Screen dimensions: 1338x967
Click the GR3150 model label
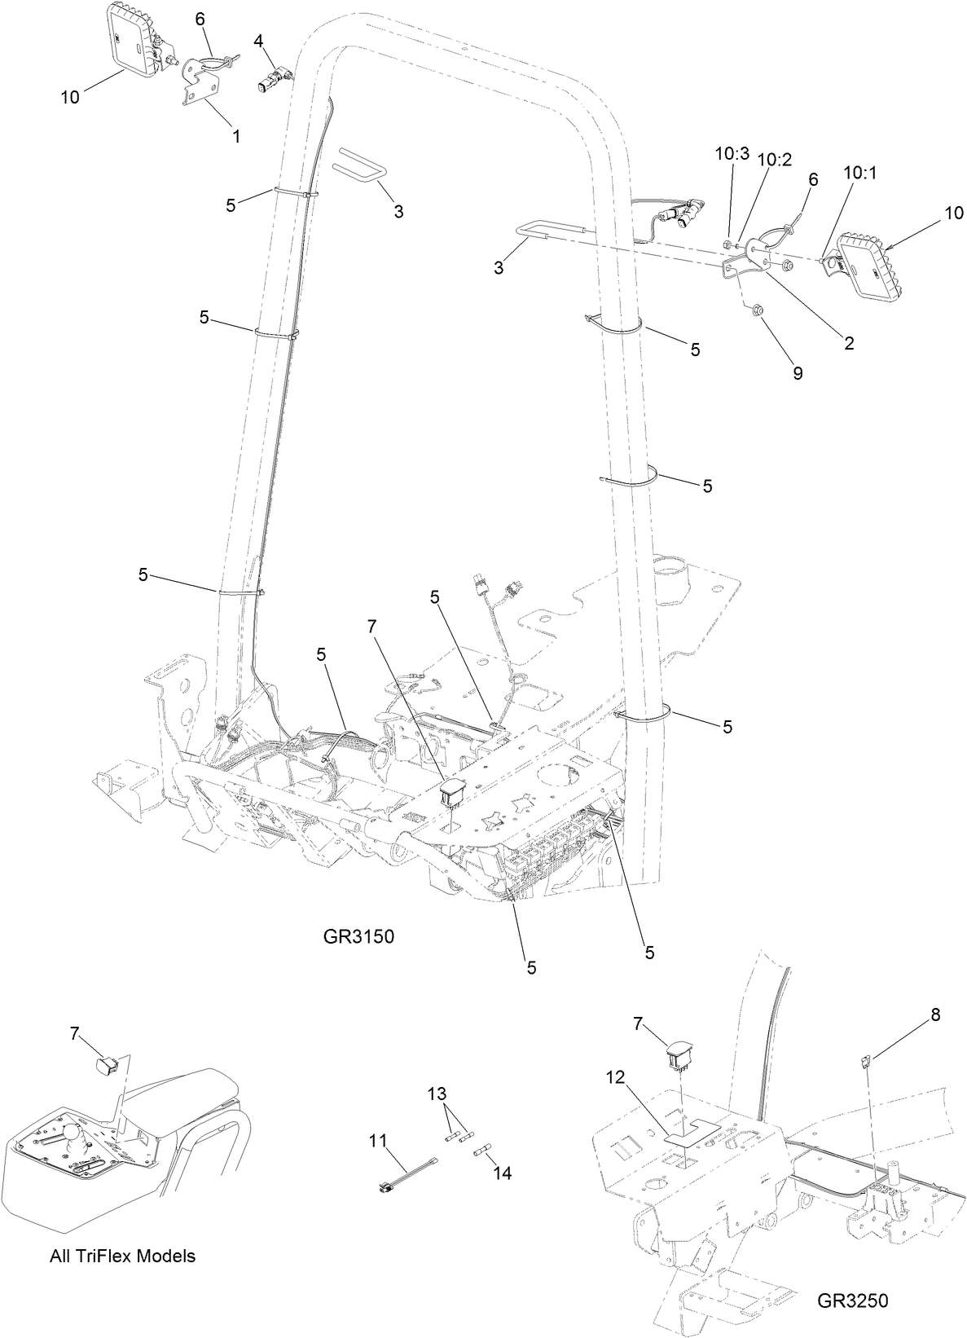(x=358, y=936)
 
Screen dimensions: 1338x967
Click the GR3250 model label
(x=853, y=1299)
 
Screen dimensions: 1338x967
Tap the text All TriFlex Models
(x=122, y=1256)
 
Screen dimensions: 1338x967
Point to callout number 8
(x=935, y=1015)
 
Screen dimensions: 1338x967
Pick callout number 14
(x=502, y=1173)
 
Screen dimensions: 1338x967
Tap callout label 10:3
(x=731, y=152)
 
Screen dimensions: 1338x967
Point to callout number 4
(x=257, y=40)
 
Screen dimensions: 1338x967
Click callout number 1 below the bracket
(x=236, y=136)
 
